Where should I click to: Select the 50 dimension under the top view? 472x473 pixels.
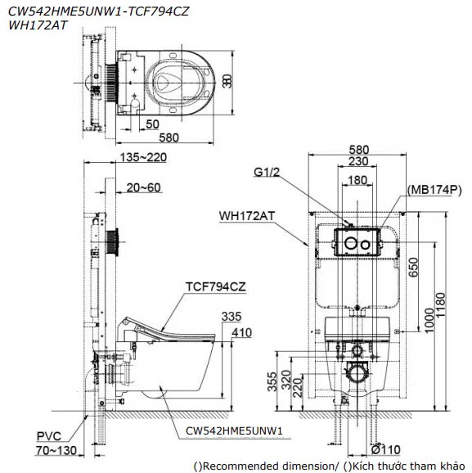tap(152, 124)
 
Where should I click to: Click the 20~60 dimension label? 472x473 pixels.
tap(144, 187)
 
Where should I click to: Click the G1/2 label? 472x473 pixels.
tap(267, 173)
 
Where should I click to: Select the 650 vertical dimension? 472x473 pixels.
tap(414, 266)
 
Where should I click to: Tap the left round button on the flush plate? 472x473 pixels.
tap(348, 243)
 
